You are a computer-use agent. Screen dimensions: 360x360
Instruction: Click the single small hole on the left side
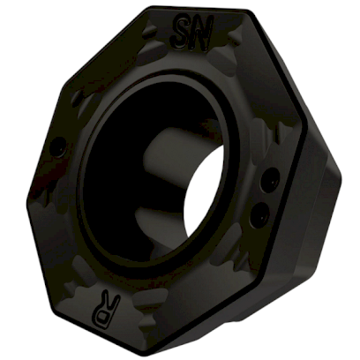[57, 149]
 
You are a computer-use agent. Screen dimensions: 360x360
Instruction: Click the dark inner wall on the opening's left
[97, 176]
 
